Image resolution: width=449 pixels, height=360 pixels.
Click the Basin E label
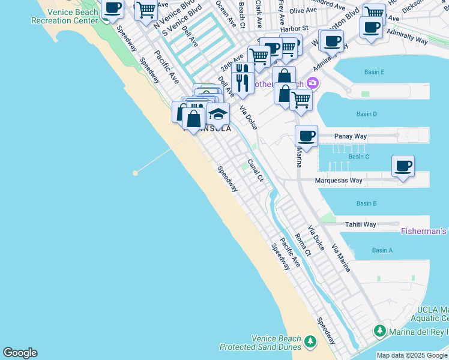pos(373,72)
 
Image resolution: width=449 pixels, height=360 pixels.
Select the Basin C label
pos(359,157)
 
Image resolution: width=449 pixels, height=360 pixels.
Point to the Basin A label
pos(382,250)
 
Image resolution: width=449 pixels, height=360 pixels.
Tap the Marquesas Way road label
pos(339,180)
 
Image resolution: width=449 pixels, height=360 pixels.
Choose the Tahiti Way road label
pos(360,224)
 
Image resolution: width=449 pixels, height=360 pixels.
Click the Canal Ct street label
pos(256,170)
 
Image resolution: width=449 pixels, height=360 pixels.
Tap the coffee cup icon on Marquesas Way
pos(403,166)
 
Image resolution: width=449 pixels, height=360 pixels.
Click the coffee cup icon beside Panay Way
pos(306,136)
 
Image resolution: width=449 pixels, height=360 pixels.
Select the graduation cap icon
pos(218,113)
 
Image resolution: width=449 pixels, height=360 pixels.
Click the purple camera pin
pos(312,83)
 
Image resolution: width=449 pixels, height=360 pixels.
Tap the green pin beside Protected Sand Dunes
pos(310,342)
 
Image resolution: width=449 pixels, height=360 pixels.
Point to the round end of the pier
pos(136,173)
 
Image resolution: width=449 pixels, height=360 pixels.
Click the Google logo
pos(20,353)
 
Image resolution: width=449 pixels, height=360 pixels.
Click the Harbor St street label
pos(297,28)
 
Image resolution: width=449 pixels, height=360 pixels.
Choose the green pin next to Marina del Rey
pos(379,331)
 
